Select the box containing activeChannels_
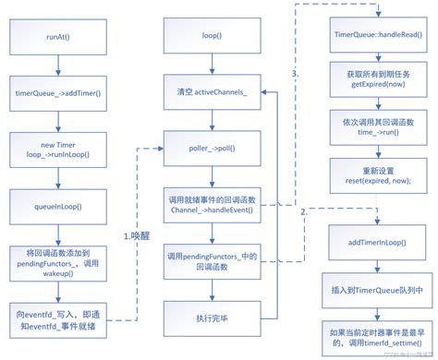[x=213, y=93]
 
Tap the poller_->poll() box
[x=213, y=146]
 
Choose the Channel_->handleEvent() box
[x=213, y=203]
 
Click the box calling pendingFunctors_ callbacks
[x=213, y=260]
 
